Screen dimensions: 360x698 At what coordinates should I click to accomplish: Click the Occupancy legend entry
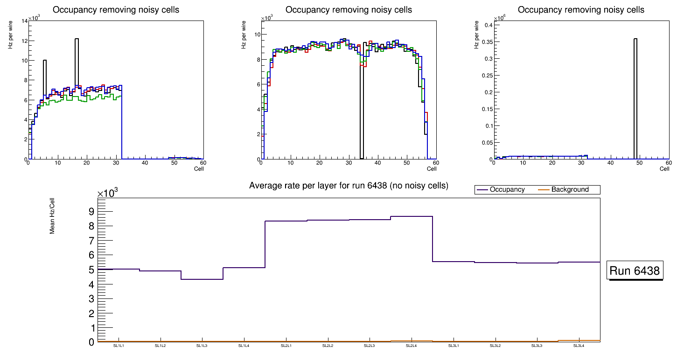coord(507,190)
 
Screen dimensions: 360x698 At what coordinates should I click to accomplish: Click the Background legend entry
coord(570,190)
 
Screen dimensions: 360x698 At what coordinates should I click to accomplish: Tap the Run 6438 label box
coord(635,270)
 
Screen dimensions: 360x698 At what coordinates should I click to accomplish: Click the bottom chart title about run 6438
coord(349,186)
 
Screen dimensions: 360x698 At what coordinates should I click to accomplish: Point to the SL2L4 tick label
coord(411,346)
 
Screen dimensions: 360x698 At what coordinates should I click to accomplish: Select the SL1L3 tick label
coord(202,346)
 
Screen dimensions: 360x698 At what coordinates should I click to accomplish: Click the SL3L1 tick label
coord(453,346)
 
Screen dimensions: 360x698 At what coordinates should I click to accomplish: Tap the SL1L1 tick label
coord(119,346)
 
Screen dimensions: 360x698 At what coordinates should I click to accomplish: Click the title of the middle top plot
coord(349,10)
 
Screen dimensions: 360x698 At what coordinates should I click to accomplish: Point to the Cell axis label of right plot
coord(664,169)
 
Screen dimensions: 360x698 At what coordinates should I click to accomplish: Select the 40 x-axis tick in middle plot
coord(377,163)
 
